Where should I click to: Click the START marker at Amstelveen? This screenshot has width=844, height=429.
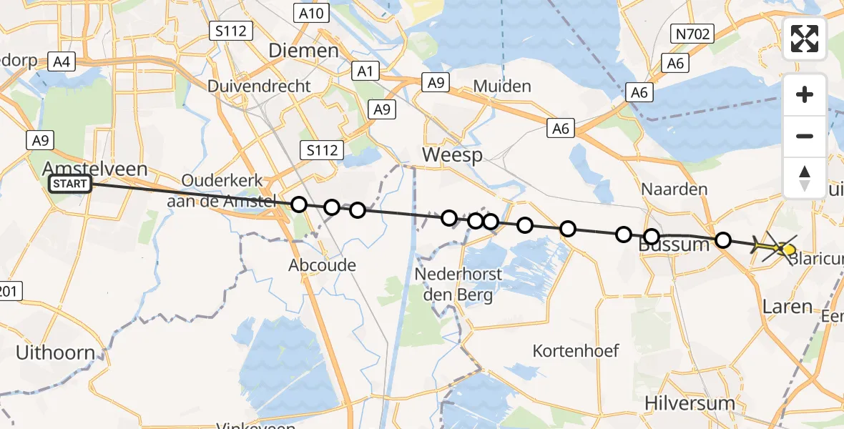click(70, 184)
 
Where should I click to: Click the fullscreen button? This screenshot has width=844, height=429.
click(805, 39)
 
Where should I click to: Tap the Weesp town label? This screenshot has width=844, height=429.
click(452, 155)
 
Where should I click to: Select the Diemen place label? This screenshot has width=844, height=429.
click(303, 50)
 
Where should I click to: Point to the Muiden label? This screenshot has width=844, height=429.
click(502, 87)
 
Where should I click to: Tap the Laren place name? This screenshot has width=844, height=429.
click(787, 307)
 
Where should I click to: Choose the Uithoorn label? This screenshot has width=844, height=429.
click(55, 352)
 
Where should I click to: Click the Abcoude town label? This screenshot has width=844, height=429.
click(322, 265)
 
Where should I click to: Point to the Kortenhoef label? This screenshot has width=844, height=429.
click(576, 351)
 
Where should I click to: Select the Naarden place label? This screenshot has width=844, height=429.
click(664, 189)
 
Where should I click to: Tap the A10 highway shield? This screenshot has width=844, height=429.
click(311, 13)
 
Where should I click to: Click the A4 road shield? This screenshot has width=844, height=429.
click(61, 61)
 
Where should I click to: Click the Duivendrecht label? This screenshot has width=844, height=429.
click(259, 87)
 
